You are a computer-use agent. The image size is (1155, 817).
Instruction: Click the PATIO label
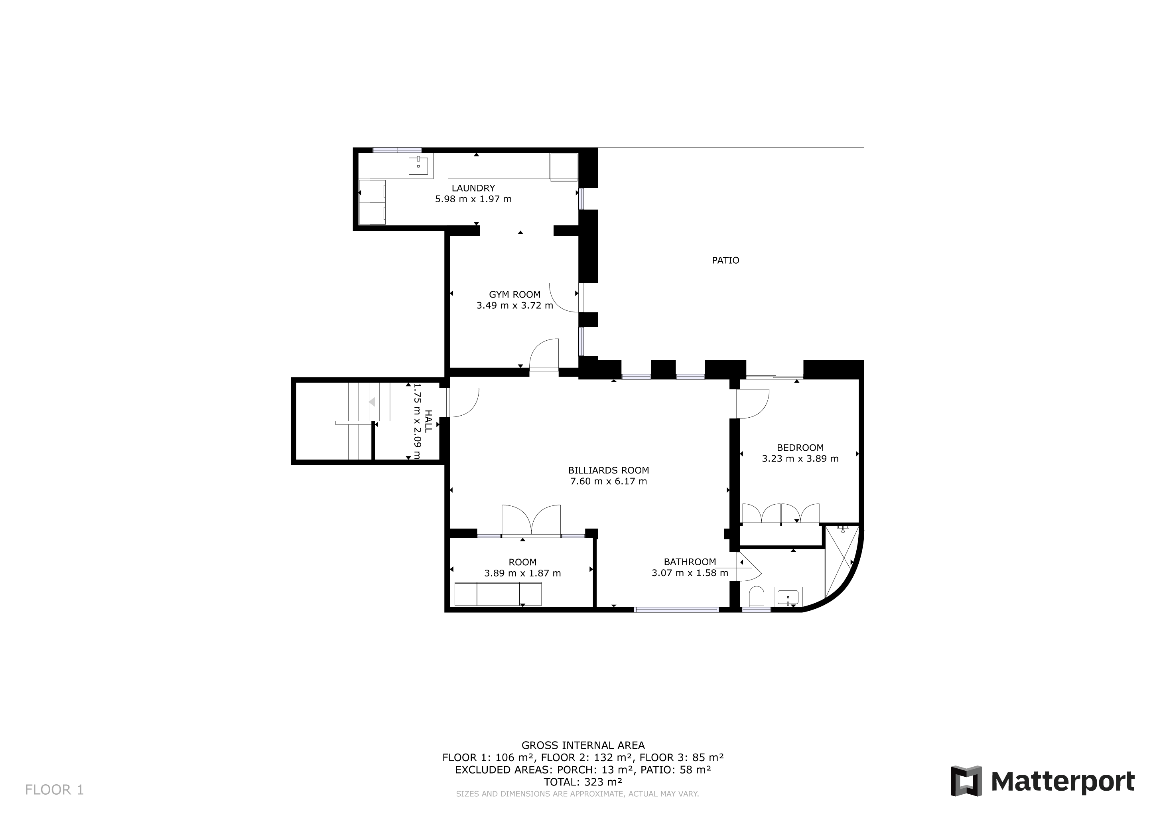[x=725, y=260]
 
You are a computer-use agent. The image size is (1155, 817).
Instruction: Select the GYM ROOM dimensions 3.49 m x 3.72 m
[x=514, y=305]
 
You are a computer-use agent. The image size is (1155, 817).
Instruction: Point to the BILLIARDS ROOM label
[x=609, y=470]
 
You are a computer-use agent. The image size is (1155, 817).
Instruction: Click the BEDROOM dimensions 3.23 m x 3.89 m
[x=800, y=459]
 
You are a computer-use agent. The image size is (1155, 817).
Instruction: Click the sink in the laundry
[x=418, y=166]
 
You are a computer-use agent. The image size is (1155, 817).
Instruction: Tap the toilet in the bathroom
[x=756, y=597]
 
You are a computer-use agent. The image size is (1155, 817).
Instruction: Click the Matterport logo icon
[x=966, y=781]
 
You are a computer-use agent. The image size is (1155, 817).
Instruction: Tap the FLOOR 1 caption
[x=54, y=790]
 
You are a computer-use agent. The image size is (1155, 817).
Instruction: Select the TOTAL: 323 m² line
[x=583, y=782]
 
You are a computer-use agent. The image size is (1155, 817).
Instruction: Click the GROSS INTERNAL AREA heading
[x=583, y=745]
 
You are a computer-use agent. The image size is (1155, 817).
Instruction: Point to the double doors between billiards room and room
[x=531, y=521]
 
